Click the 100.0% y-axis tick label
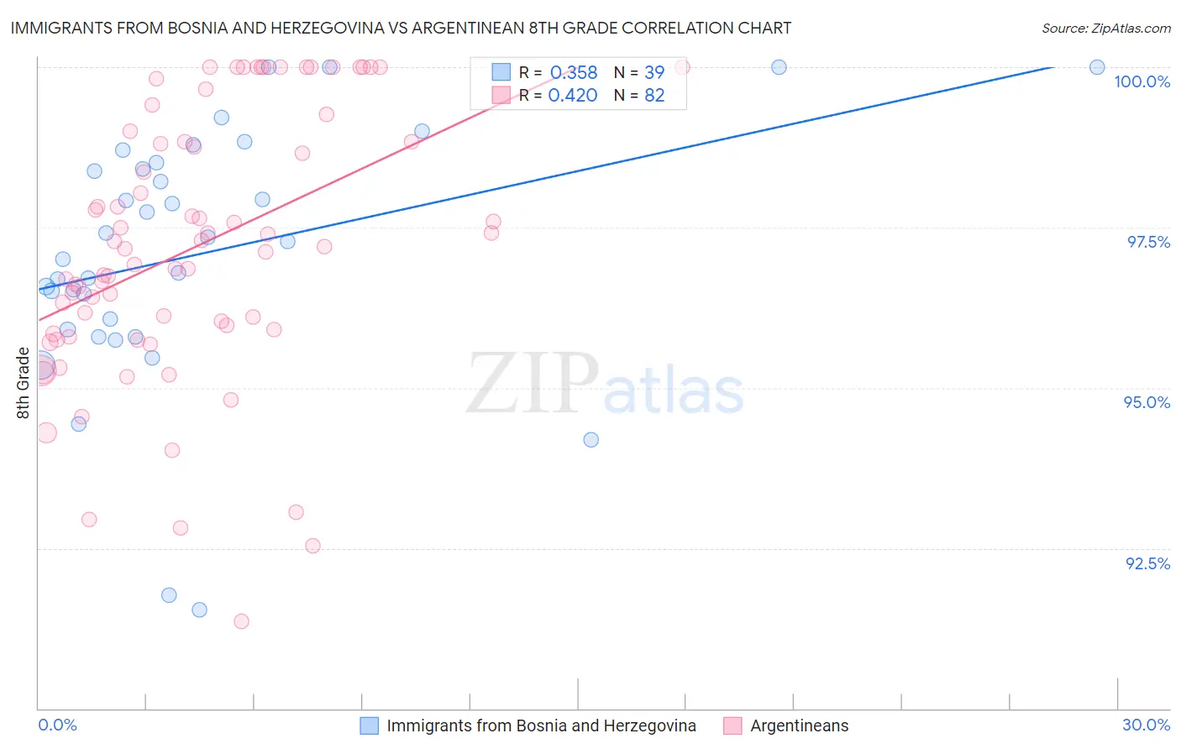[1142, 81]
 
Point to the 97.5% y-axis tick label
[1148, 242]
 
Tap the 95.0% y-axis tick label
[1147, 402]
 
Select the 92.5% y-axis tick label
[1147, 563]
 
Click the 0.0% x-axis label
[57, 725]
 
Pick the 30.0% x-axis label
[1146, 725]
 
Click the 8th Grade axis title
[23, 383]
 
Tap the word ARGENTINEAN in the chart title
[457, 28]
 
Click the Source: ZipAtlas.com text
[1105, 28]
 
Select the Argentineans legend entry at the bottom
[799, 725]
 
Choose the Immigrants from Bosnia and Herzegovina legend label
[541, 725]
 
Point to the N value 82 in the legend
[654, 95]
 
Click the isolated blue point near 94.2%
[591, 440]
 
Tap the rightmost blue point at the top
[1097, 67]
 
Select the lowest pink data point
[241, 621]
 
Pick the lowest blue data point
[199, 610]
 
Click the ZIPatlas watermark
[605, 385]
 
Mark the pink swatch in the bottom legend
[732, 725]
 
